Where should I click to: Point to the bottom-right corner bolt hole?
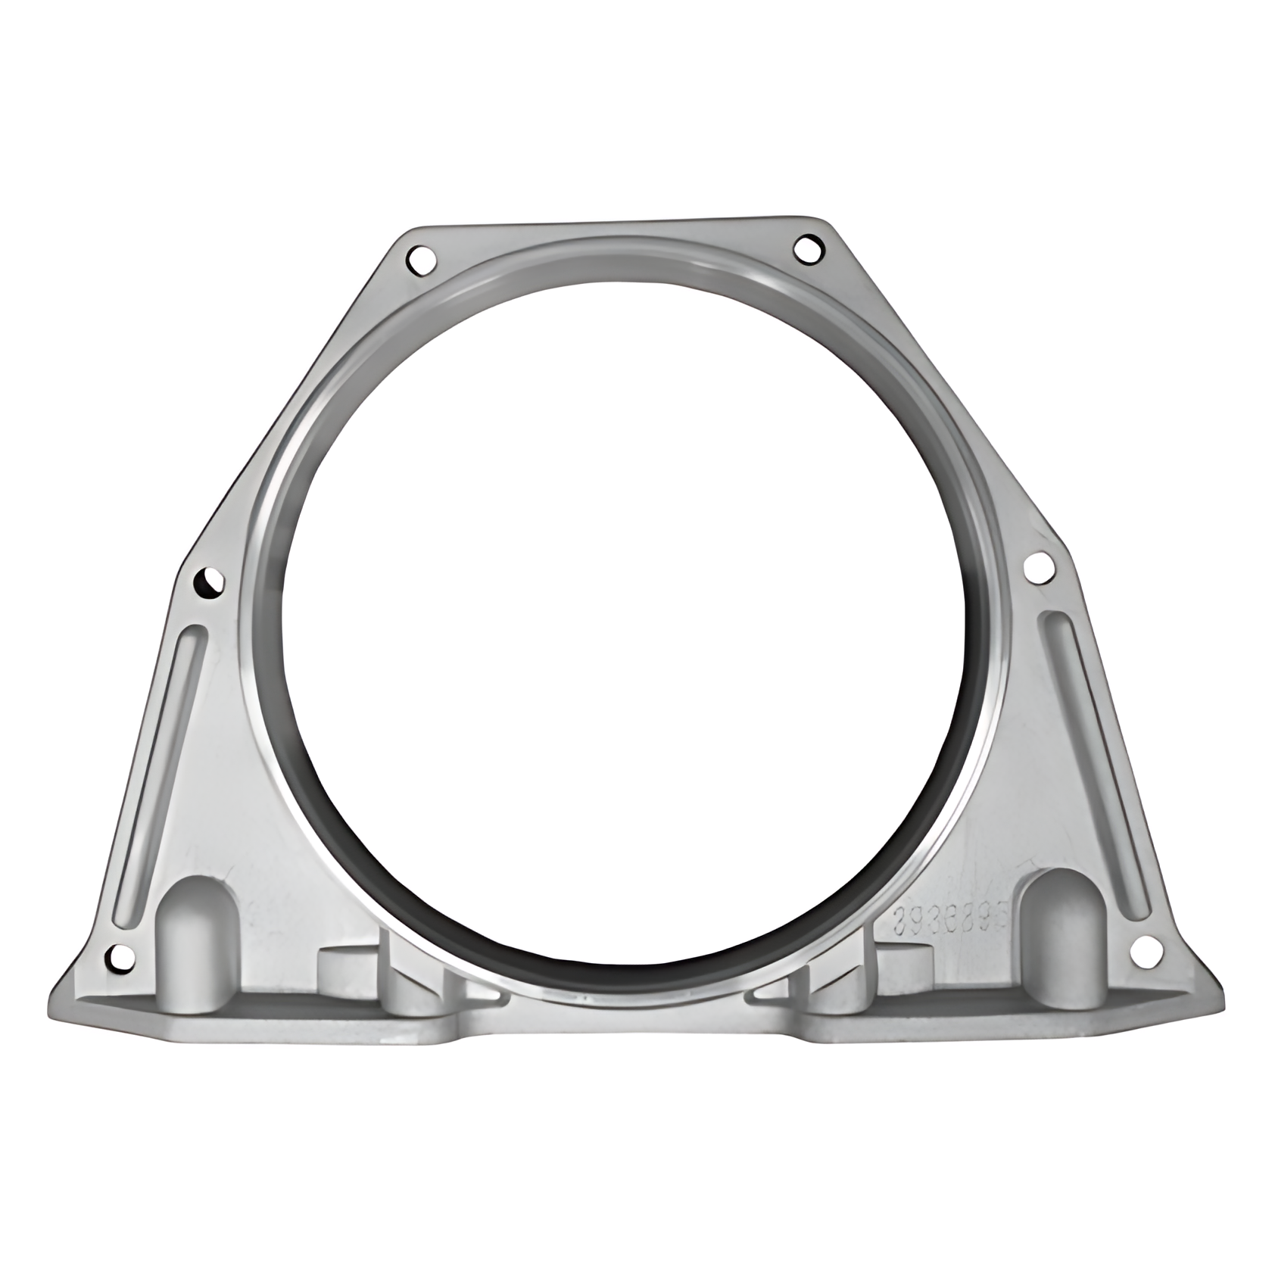pyautogui.click(x=1146, y=947)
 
